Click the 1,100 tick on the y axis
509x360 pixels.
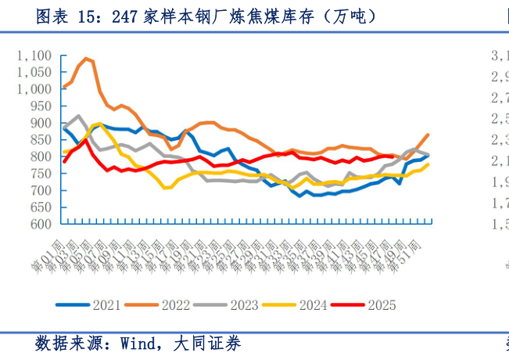pos(34,56)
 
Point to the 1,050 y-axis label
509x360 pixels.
pos(34,72)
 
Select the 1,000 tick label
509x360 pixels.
pos(34,89)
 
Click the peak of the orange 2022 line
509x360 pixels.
pos(86,58)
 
